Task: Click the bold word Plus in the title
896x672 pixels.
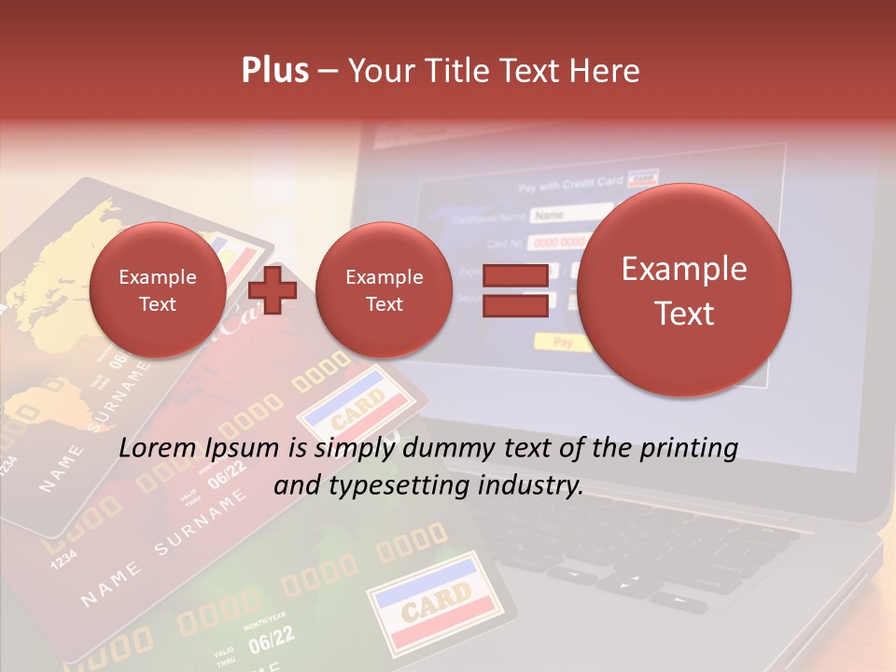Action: pyautogui.click(x=274, y=70)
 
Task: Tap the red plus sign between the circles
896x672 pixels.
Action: pyautogui.click(x=273, y=290)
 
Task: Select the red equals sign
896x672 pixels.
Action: pyautogui.click(x=514, y=289)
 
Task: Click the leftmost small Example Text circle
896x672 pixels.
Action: pyautogui.click(x=158, y=290)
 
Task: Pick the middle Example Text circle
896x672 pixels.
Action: pyautogui.click(x=384, y=290)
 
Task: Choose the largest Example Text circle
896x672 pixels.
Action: pyautogui.click(x=684, y=290)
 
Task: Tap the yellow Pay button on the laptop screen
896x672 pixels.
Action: pyautogui.click(x=563, y=342)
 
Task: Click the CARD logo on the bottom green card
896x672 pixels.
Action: pyautogui.click(x=436, y=597)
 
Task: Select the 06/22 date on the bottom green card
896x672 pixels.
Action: pyautogui.click(x=272, y=639)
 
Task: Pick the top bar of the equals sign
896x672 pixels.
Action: pyautogui.click(x=514, y=276)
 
